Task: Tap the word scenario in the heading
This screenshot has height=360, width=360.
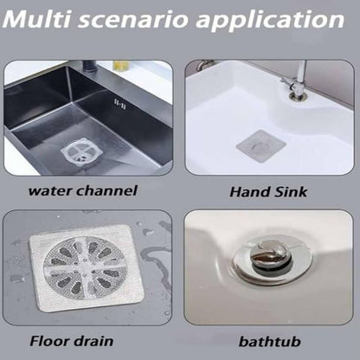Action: (133, 20)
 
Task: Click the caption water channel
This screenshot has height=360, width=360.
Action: (83, 191)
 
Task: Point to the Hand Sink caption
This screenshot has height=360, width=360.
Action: (268, 192)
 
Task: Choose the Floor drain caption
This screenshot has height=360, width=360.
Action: (72, 341)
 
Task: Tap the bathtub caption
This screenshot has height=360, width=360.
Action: (270, 342)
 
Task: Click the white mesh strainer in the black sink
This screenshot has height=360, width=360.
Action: (81, 151)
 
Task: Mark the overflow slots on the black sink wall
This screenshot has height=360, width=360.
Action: (119, 104)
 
